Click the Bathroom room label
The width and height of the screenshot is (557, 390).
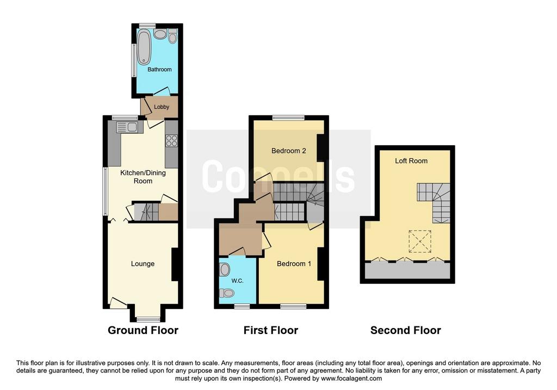(159, 70)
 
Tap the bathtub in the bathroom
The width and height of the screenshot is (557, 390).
(144, 47)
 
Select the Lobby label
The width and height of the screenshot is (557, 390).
(161, 107)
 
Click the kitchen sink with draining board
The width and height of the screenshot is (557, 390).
(127, 127)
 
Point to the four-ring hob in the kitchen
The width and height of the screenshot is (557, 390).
(171, 141)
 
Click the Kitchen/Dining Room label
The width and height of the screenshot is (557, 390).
(143, 177)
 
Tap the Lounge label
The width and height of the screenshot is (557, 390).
(143, 264)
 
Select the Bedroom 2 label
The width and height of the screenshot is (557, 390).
(288, 151)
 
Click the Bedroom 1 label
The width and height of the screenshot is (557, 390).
(294, 264)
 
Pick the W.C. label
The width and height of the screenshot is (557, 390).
(237, 281)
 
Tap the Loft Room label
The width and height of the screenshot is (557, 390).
(411, 161)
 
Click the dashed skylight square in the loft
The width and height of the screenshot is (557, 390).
(420, 242)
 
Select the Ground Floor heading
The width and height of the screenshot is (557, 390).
(143, 330)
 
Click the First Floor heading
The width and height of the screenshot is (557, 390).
(271, 330)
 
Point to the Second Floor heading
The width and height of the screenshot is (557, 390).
(406, 330)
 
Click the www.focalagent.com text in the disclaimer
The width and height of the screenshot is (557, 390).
(351, 379)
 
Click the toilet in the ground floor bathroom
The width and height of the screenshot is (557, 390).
(172, 36)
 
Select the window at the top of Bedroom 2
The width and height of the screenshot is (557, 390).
(288, 118)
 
